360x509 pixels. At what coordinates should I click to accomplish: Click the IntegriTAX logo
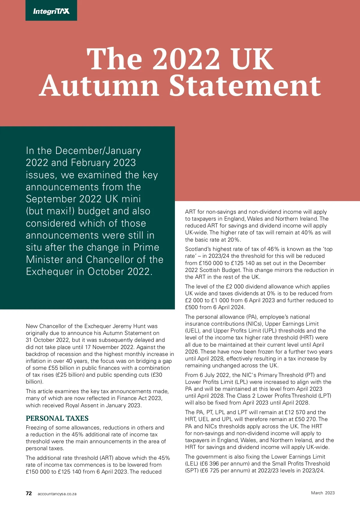(51, 11)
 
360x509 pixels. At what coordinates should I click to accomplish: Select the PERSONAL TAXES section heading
(57, 418)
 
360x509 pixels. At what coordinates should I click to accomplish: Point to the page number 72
(29, 493)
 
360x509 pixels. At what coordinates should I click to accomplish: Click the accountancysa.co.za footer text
(57, 494)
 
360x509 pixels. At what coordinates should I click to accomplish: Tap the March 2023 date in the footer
(322, 493)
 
